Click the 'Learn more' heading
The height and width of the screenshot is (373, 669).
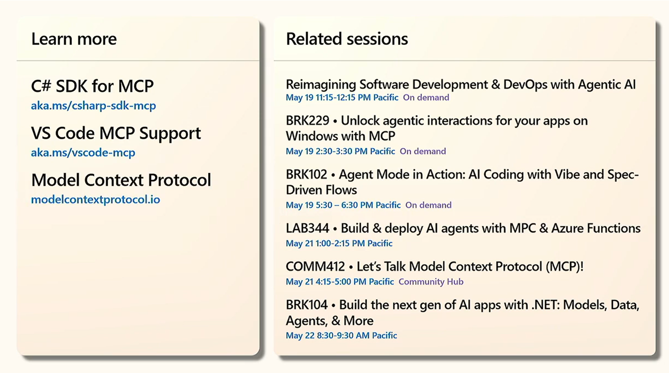[x=74, y=39]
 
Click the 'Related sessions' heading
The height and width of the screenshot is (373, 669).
[x=347, y=39]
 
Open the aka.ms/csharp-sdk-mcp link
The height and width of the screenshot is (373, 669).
[x=94, y=106]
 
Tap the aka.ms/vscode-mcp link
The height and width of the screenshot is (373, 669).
[x=83, y=153]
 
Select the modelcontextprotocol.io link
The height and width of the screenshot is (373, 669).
[x=96, y=199]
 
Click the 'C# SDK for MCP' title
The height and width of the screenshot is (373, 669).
[x=92, y=86]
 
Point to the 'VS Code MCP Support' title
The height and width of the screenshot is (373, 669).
[x=116, y=133]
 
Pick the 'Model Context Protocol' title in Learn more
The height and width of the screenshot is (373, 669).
[x=121, y=180]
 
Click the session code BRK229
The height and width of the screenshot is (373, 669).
[x=307, y=121]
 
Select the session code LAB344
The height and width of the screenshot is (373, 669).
[x=307, y=228]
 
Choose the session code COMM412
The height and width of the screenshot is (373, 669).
[x=315, y=266]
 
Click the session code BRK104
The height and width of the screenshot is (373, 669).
[x=307, y=305]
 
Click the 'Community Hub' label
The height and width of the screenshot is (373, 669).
[x=431, y=282]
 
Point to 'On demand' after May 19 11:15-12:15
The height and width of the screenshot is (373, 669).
[x=426, y=97]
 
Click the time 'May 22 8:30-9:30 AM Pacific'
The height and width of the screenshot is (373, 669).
[x=342, y=335]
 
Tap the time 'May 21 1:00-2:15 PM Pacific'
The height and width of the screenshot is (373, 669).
[x=339, y=243]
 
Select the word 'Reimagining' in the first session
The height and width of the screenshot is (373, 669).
[x=321, y=85]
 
